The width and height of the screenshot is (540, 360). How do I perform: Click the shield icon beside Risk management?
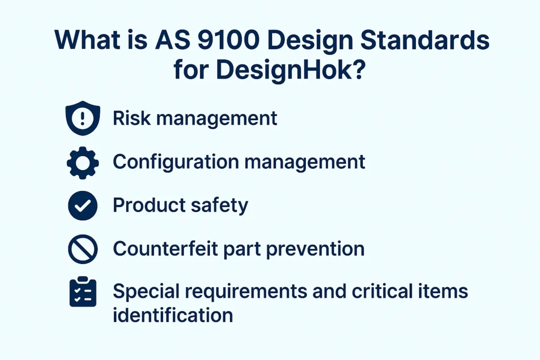pos(83,118)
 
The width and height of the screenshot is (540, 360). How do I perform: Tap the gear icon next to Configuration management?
pos(83,163)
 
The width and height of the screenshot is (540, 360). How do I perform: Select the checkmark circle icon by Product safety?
pos(83,206)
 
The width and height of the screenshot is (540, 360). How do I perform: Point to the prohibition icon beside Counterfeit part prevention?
pos(83,249)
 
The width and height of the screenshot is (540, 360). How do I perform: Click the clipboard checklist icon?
pos(83,291)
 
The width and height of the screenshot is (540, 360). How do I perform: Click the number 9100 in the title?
pos(228,40)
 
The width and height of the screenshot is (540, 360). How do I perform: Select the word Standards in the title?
pos(425,40)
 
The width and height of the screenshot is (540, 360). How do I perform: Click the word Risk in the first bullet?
pos(132,118)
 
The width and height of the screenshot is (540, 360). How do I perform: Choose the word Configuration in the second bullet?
pos(176,162)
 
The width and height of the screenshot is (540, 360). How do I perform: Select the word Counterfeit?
pos(165,248)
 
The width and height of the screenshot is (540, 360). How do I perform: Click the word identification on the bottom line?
pos(173,315)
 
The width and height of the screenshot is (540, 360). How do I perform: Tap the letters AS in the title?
pos(172,40)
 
